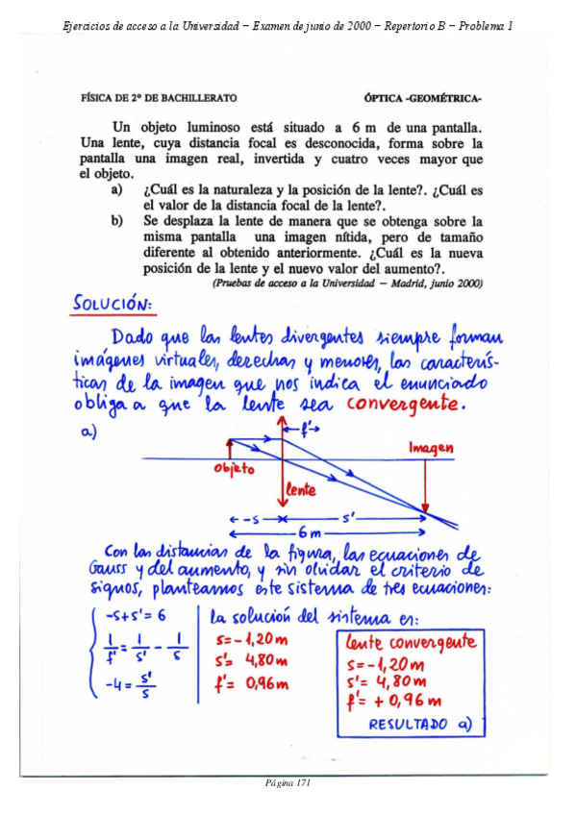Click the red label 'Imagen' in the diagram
click(431, 448)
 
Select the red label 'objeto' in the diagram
click(234, 469)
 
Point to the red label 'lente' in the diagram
click(301, 489)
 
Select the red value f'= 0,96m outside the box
click(248, 684)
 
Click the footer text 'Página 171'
click(288, 782)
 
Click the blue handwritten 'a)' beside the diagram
click(88, 432)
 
